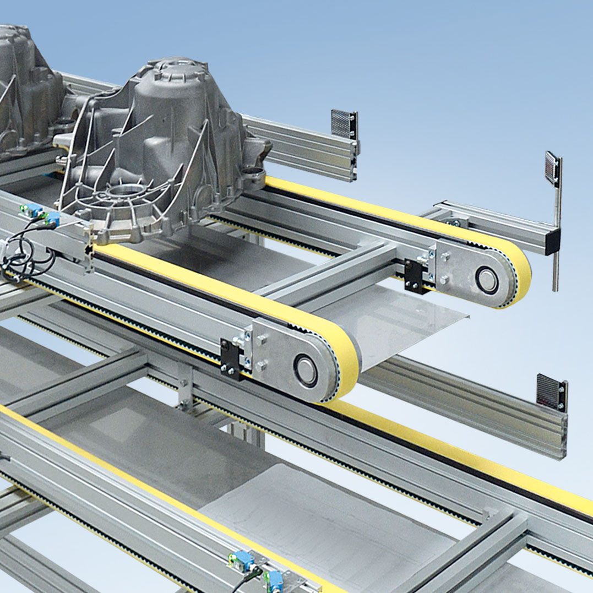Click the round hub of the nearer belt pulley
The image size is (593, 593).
pos(305,370)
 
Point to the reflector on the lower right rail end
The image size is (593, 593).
pos(551,391)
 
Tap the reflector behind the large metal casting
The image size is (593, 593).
pos(344,124)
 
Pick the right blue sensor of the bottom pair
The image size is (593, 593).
pos(274,578)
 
